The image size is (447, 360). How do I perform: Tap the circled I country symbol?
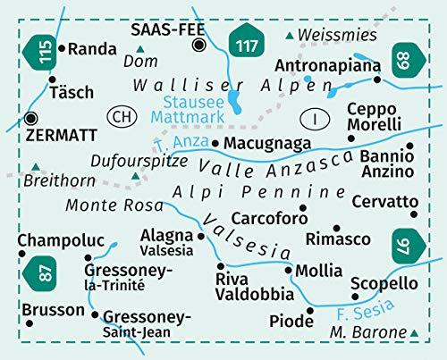[315, 116]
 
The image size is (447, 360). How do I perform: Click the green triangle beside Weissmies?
[288, 35]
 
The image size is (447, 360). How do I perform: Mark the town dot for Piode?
[309, 310]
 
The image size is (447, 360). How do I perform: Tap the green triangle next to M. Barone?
[415, 332]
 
